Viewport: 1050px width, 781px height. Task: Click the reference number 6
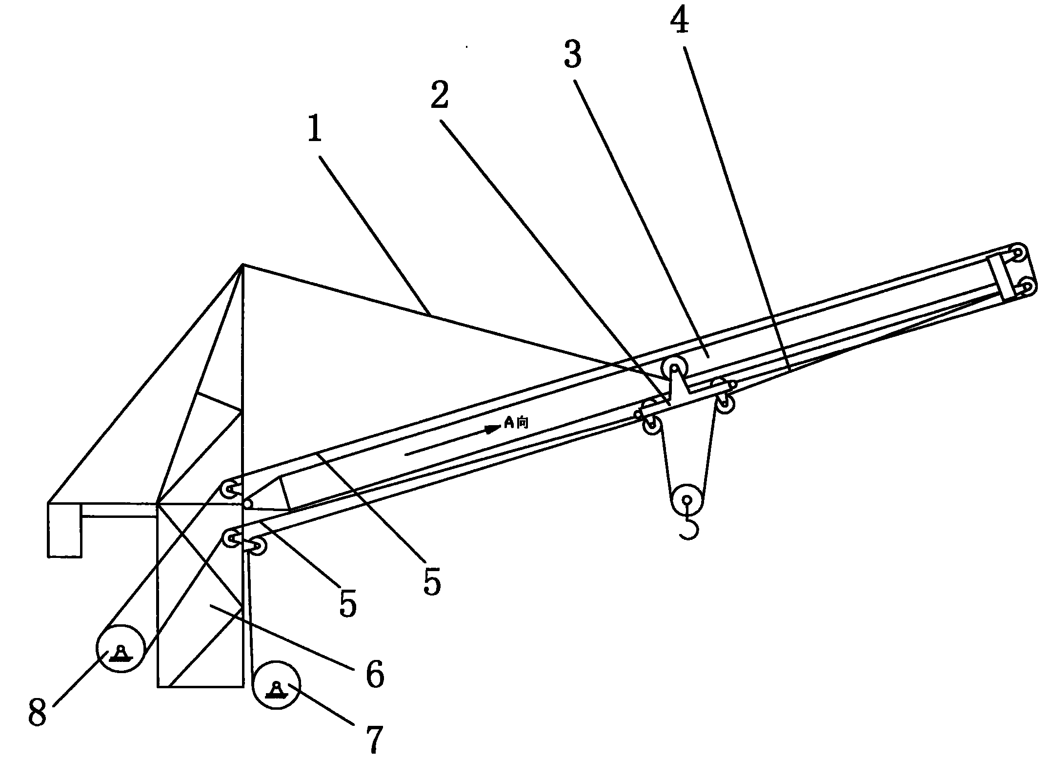pyautogui.click(x=375, y=674)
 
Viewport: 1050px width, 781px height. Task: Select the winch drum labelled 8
pyautogui.click(x=120, y=649)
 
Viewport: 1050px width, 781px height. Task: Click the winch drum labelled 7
pyautogui.click(x=276, y=684)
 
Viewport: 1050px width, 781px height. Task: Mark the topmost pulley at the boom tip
pyautogui.click(x=1018, y=253)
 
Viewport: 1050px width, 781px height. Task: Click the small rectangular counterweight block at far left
pyautogui.click(x=64, y=530)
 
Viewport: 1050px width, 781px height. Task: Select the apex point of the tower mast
pyautogui.click(x=242, y=265)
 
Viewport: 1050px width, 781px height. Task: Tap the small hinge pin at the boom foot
pyautogui.click(x=248, y=504)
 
